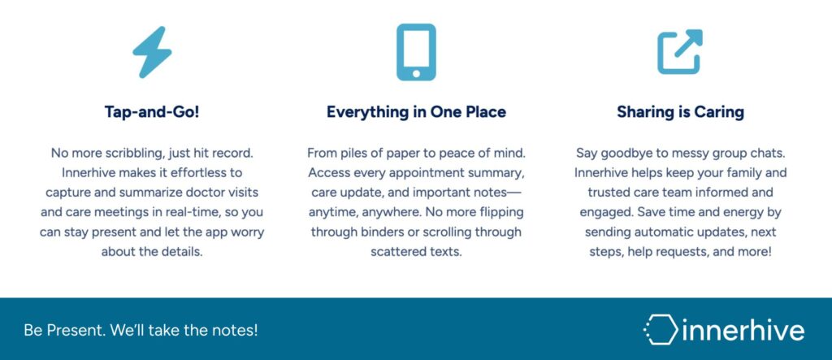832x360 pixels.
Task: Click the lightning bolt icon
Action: (x=152, y=53)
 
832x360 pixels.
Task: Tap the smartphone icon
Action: (x=416, y=52)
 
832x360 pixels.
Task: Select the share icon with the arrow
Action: (x=680, y=51)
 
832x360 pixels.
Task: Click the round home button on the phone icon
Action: (x=416, y=73)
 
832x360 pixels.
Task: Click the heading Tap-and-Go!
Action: (x=152, y=112)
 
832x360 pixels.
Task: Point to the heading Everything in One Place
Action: (x=416, y=112)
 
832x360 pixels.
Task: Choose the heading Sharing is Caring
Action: (x=680, y=112)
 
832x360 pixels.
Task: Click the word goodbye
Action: (x=620, y=154)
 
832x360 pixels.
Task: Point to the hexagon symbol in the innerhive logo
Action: (x=661, y=329)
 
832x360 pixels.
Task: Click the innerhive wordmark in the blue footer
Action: (x=743, y=329)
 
